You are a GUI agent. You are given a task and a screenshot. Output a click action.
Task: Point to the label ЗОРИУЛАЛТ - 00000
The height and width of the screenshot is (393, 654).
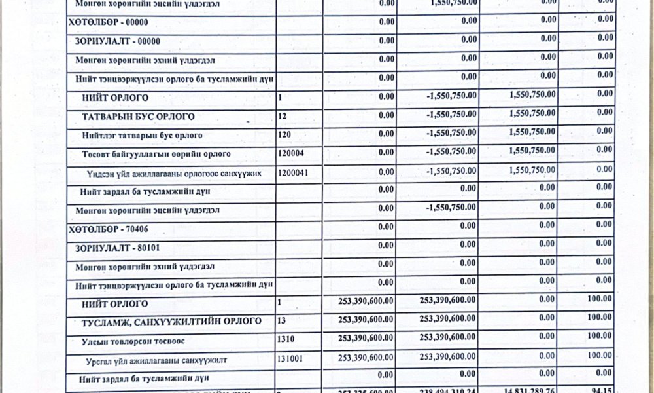pyautogui.click(x=118, y=41)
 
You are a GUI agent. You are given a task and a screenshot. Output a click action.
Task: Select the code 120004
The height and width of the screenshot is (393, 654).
pyautogui.click(x=291, y=155)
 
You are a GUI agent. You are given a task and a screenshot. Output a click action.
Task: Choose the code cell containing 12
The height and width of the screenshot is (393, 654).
pyautogui.click(x=282, y=117)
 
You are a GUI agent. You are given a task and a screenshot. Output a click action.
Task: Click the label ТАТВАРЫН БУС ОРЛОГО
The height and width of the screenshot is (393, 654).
pyautogui.click(x=139, y=117)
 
